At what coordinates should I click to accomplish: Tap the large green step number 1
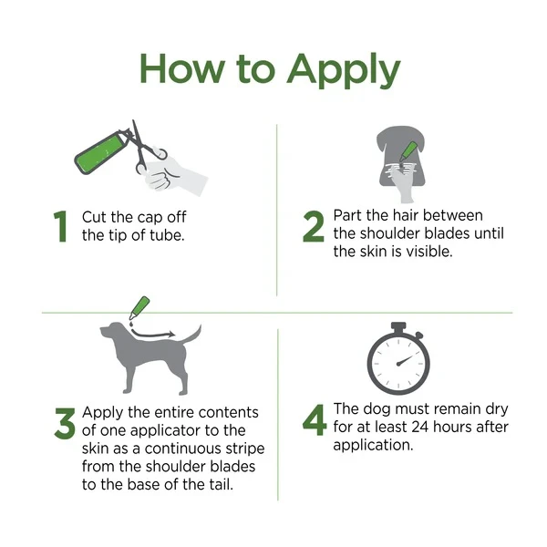click(x=60, y=227)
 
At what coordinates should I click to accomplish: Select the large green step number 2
click(x=314, y=227)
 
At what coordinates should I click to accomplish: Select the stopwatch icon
click(x=397, y=360)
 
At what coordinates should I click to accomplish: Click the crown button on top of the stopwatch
click(x=397, y=325)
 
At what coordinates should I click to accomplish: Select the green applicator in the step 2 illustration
click(x=409, y=149)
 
